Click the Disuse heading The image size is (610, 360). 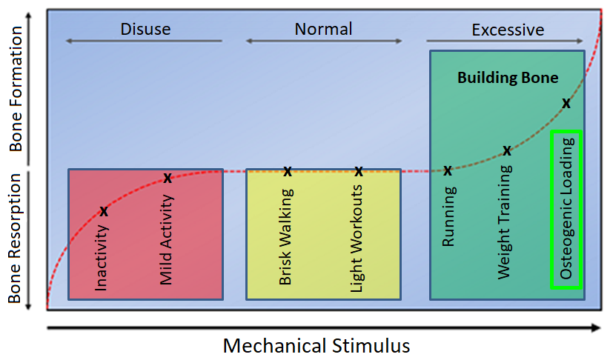[x=145, y=30]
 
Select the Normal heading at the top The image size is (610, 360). [x=323, y=30]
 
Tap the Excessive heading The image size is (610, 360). [x=508, y=30]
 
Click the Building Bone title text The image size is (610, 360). [x=508, y=78]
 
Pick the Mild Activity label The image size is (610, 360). [x=167, y=239]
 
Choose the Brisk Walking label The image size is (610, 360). [x=286, y=237]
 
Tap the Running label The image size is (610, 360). [x=448, y=216]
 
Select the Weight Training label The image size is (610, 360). [x=505, y=221]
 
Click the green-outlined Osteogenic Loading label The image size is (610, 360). [x=567, y=209]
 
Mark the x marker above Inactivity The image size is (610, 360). [x=104, y=212]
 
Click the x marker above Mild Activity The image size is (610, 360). [x=168, y=178]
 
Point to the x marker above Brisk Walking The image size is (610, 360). [x=288, y=172]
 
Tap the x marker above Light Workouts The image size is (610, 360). [x=359, y=172]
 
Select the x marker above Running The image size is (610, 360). [x=448, y=171]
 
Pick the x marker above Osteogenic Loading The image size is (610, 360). [x=566, y=104]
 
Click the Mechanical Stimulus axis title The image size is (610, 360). [x=316, y=346]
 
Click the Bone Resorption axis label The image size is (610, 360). [x=16, y=239]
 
